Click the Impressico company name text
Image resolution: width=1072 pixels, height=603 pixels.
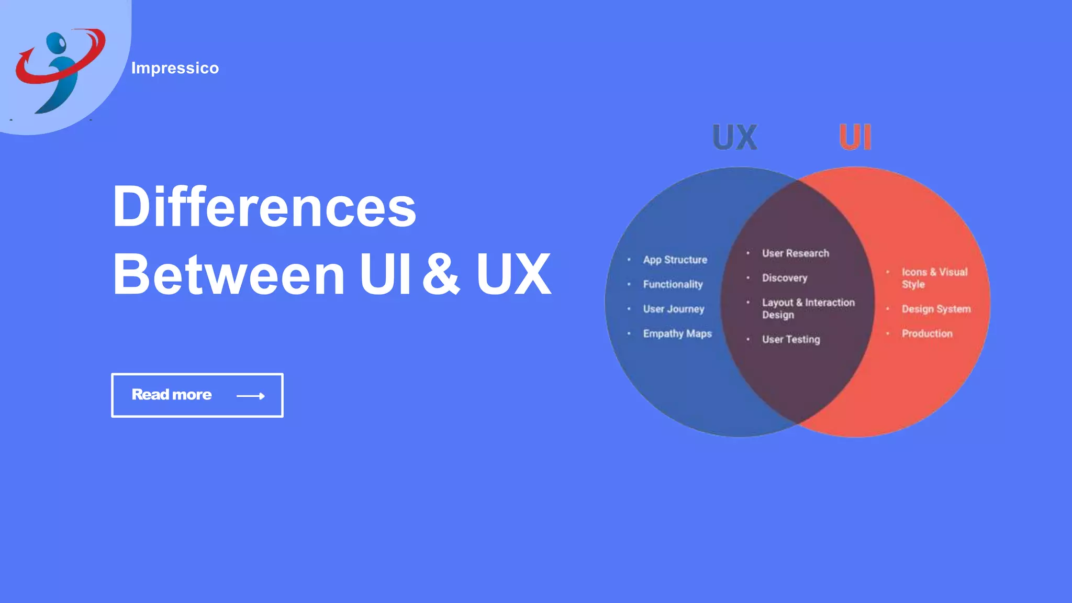tap(175, 68)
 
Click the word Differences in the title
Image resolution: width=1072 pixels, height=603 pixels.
tap(264, 207)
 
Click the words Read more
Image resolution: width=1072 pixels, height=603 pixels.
tap(172, 395)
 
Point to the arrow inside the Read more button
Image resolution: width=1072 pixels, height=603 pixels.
tap(251, 396)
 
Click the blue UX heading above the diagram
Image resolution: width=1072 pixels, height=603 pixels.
tap(735, 138)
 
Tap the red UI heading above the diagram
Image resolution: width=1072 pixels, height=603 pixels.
tap(855, 138)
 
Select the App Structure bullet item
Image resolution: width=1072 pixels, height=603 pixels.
tap(675, 260)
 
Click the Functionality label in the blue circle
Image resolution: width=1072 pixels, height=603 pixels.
tap(673, 284)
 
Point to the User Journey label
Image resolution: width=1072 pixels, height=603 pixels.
tap(674, 309)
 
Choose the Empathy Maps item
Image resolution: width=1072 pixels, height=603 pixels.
tap(677, 333)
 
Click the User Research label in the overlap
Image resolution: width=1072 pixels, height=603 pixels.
tap(796, 253)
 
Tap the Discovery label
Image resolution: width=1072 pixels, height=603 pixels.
tap(785, 278)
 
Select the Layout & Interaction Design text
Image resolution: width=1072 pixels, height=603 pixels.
tap(808, 308)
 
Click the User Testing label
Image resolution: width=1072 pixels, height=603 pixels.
tap(791, 339)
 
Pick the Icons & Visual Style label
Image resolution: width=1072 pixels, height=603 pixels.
tap(934, 278)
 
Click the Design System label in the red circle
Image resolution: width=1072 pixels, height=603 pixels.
tap(936, 309)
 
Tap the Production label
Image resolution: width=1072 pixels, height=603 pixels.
tap(927, 333)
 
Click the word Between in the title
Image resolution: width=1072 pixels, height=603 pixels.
tap(229, 274)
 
